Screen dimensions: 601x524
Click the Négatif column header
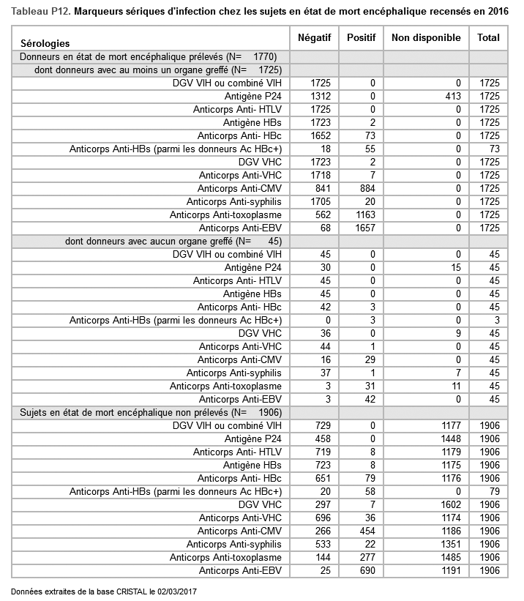pos(315,37)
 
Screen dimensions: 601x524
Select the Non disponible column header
pos(426,37)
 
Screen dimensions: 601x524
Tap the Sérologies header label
pos(45,45)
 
